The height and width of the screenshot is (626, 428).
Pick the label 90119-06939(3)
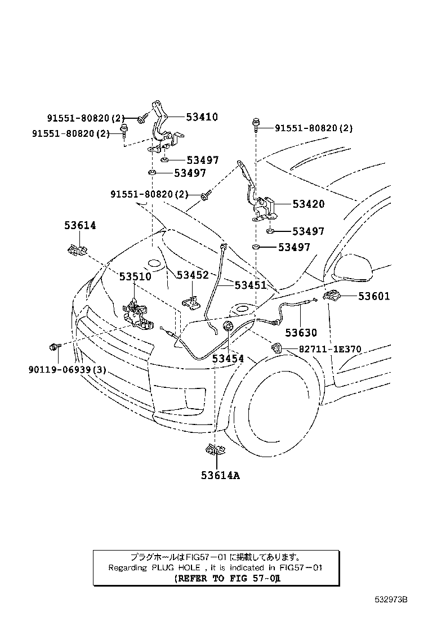[67, 370]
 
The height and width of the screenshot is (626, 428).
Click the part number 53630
[301, 333]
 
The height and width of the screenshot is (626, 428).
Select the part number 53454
[228, 358]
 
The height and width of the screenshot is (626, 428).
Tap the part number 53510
[135, 277]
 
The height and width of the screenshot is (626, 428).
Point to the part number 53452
[193, 275]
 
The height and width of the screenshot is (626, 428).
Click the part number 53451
[251, 285]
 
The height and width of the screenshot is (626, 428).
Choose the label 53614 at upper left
[79, 225]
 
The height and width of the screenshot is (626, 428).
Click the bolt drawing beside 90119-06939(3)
[54, 347]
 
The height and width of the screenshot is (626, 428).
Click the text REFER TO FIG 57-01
[228, 578]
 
